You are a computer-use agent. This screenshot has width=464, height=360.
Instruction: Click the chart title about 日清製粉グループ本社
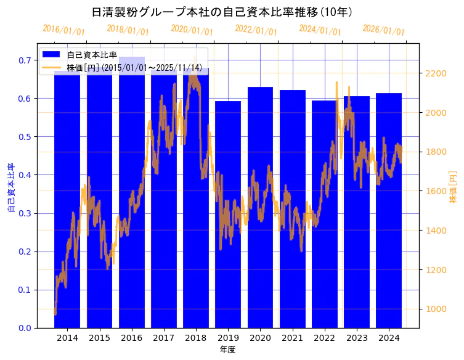coord(222,12)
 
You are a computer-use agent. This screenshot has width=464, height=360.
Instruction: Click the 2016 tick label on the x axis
coord(131,338)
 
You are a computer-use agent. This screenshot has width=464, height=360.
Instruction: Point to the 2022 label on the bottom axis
coord(324,338)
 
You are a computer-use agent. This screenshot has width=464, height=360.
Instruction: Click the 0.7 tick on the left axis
coord(25,60)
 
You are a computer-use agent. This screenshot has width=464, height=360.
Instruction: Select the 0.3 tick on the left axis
coord(25,214)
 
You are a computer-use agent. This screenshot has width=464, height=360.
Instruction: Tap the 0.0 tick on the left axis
coord(25,328)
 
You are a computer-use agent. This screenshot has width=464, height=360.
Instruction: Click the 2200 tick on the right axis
coord(436,74)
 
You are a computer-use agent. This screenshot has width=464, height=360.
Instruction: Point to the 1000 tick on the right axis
coord(436,309)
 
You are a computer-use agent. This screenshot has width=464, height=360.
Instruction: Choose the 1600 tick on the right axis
coord(436,192)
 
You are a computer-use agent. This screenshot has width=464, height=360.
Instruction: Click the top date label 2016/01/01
coord(64,30)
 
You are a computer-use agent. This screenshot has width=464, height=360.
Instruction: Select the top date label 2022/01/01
coord(256,30)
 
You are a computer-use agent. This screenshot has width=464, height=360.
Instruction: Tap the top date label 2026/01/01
coord(384,30)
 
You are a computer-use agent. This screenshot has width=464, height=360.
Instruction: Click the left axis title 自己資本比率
coord(10,188)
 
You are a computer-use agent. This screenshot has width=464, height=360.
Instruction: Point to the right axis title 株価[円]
coord(454,187)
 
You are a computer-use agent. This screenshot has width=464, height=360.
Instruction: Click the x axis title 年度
coord(227,350)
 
